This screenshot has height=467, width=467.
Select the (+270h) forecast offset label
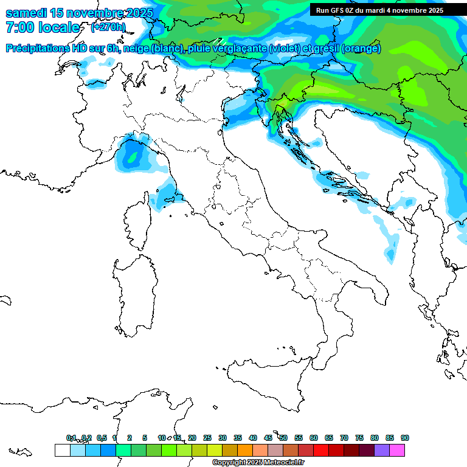point(108,27)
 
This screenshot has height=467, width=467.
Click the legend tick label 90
point(405,438)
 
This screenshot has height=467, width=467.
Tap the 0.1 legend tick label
point(71,438)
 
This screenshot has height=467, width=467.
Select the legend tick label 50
point(283,438)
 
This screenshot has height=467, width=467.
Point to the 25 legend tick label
point(207,438)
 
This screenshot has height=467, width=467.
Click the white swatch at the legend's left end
point(62,450)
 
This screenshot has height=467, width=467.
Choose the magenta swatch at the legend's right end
point(397,450)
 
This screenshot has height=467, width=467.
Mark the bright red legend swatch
point(321,450)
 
